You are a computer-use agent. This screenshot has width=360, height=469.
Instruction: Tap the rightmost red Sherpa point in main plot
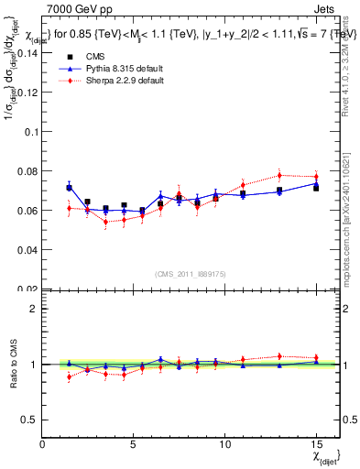point(315,177)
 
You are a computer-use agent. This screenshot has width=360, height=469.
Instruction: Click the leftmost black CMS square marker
point(69,188)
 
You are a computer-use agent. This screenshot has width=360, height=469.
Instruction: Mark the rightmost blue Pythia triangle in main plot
point(315,184)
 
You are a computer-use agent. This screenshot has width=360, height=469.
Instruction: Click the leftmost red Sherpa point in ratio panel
point(69,376)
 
